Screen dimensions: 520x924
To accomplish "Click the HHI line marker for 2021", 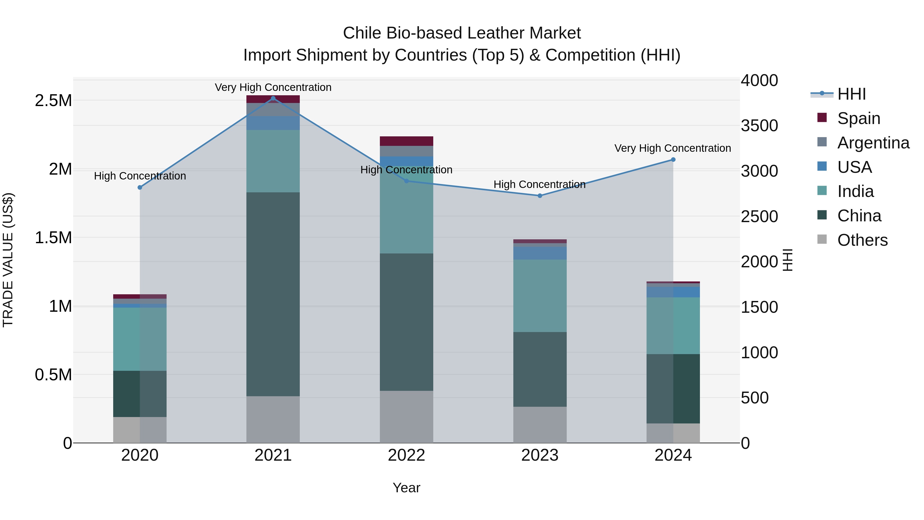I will pyautogui.click(x=273, y=98).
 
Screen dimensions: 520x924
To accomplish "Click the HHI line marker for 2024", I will pyautogui.click(x=673, y=160).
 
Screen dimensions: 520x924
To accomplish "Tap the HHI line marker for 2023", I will pyautogui.click(x=540, y=196).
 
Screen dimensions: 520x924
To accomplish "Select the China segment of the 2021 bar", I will pyautogui.click(x=273, y=294).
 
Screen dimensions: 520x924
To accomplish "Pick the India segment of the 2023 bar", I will pyautogui.click(x=540, y=296).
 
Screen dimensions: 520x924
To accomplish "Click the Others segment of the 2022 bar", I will pyautogui.click(x=406, y=417).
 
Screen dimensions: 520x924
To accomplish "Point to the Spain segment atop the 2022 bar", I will pyautogui.click(x=406, y=141).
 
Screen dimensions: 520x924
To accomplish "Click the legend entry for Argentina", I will pyautogui.click(x=873, y=143).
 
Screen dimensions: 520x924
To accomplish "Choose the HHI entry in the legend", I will pyautogui.click(x=851, y=94).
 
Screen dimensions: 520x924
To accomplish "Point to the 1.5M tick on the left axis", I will pyautogui.click(x=53, y=238).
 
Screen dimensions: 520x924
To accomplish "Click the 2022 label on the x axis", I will pyautogui.click(x=406, y=455).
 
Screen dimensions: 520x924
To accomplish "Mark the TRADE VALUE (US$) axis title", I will pyautogui.click(x=8, y=260).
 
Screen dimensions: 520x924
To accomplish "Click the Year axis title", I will pyautogui.click(x=406, y=488).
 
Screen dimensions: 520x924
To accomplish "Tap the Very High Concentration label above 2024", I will pyautogui.click(x=672, y=148).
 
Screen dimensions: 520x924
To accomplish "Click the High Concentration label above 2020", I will pyautogui.click(x=140, y=176).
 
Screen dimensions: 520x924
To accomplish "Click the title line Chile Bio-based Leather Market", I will pyautogui.click(x=462, y=33).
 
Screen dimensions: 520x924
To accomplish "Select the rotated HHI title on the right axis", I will pyautogui.click(x=787, y=260).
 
